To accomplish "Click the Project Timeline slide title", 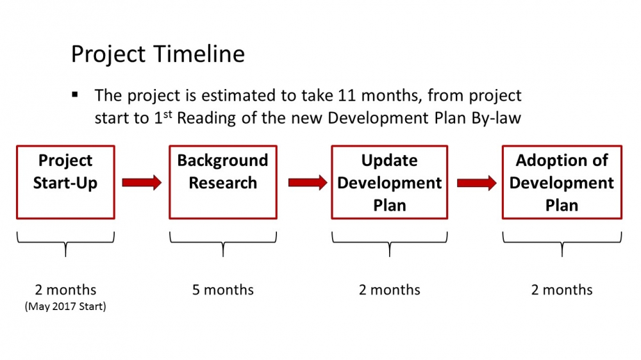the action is [158, 54].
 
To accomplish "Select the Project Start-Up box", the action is [65, 183].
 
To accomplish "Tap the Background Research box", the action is [223, 183].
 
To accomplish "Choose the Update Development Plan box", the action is [390, 183].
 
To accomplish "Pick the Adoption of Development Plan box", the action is [562, 183].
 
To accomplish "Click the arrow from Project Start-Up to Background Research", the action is [142, 183].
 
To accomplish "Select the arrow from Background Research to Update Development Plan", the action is [308, 183].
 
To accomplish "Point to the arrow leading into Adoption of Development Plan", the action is [477, 183].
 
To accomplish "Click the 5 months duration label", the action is [223, 290].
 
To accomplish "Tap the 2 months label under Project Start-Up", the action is [65, 290].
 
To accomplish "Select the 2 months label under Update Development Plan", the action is [390, 290].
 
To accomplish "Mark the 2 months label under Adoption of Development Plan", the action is [562, 290].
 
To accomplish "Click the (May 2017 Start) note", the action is [65, 306].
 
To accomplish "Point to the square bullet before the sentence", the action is [75, 95].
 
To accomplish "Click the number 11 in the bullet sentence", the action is [347, 95].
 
